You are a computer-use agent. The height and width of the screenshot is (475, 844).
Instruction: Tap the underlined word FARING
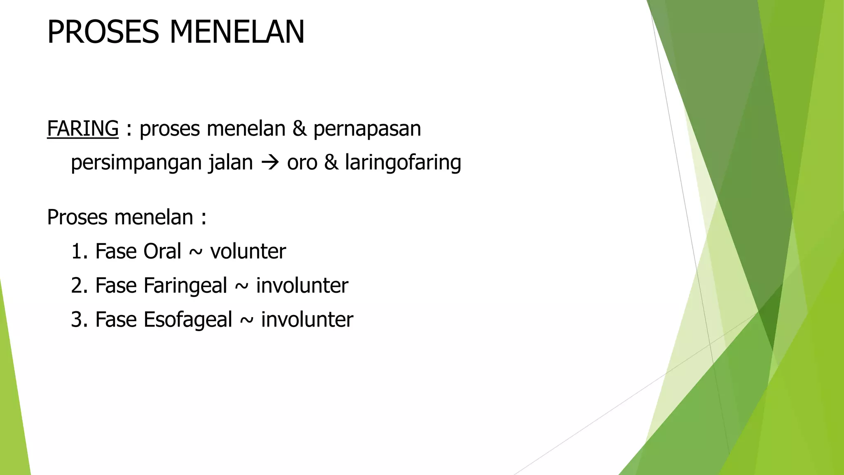point(82,128)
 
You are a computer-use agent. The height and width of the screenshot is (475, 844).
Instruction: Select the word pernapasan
point(367,129)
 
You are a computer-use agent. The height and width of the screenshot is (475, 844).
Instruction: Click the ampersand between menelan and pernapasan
point(299,128)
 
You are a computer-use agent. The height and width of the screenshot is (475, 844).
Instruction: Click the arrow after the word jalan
point(270,162)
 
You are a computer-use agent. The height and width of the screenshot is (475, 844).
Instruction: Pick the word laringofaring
point(403,162)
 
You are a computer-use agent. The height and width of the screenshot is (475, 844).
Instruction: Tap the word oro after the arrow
point(302,162)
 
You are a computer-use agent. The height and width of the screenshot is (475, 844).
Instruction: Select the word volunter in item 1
point(248,251)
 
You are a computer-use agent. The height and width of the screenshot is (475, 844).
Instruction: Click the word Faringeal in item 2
point(185,285)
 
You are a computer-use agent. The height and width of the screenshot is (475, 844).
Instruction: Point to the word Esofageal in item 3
point(188,320)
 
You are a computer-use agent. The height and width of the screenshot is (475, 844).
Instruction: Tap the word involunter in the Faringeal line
point(302,285)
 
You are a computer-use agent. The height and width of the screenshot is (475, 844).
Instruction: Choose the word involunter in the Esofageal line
point(307,320)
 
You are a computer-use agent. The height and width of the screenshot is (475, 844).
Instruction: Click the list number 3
point(77,320)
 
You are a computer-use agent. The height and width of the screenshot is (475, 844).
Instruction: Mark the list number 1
point(77,251)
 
